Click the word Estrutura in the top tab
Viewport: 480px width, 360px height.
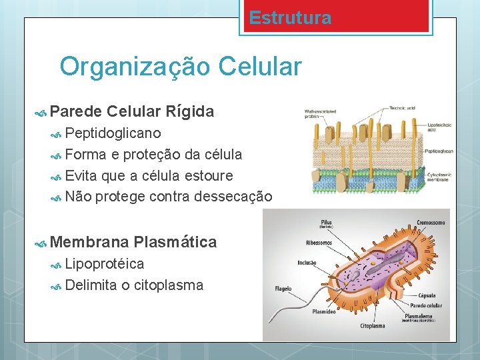(290, 18)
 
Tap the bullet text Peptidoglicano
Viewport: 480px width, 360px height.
(113, 133)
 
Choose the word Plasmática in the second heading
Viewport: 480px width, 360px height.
(175, 242)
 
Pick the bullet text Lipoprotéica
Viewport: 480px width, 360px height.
(105, 264)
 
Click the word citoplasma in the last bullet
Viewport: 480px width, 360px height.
(169, 285)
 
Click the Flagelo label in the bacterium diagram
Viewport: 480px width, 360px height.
(283, 289)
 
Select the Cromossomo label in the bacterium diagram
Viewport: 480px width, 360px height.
(431, 223)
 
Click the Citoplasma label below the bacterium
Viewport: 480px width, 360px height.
(372, 326)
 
